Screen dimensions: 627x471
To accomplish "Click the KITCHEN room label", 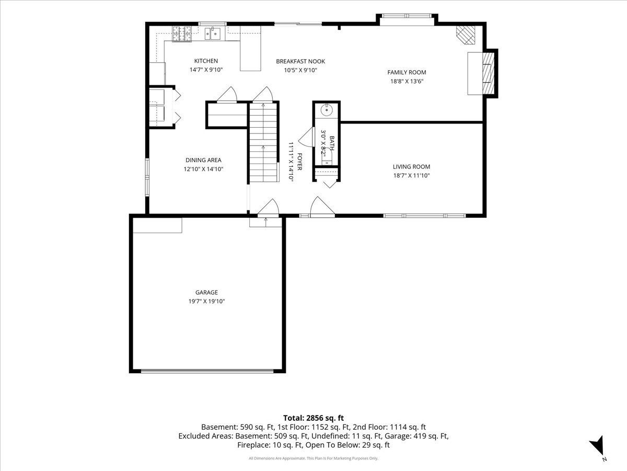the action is point(206,61).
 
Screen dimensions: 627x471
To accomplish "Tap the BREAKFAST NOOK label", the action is point(300,61).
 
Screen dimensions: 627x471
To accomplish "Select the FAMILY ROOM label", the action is point(407,72).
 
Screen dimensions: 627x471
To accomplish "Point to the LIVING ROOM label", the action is point(411,166).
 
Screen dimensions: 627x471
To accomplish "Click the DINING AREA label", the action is point(203,160).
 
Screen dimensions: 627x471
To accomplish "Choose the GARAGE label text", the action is point(206,292).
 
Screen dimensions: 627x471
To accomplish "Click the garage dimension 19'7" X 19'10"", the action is point(206,301).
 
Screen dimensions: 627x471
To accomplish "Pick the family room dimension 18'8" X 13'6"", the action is point(407,81).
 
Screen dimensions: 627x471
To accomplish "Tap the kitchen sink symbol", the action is point(213,33).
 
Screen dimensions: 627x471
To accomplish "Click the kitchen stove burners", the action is point(182,33).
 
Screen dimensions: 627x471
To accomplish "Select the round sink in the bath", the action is point(327,110).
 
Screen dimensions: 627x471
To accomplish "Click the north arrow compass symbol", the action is point(597,446).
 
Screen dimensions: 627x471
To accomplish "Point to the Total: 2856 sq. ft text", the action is point(313,418).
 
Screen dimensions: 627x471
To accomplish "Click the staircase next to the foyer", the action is point(263,142).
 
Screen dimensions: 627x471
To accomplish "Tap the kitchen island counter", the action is point(250,48).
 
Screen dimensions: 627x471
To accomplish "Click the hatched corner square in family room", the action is point(465,35).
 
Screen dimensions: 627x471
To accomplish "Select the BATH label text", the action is point(332,143).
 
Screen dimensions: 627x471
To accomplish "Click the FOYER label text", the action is point(299,162).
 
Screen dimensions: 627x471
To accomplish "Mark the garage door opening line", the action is point(207,372).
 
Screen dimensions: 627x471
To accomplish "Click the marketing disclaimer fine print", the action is point(313,458).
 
